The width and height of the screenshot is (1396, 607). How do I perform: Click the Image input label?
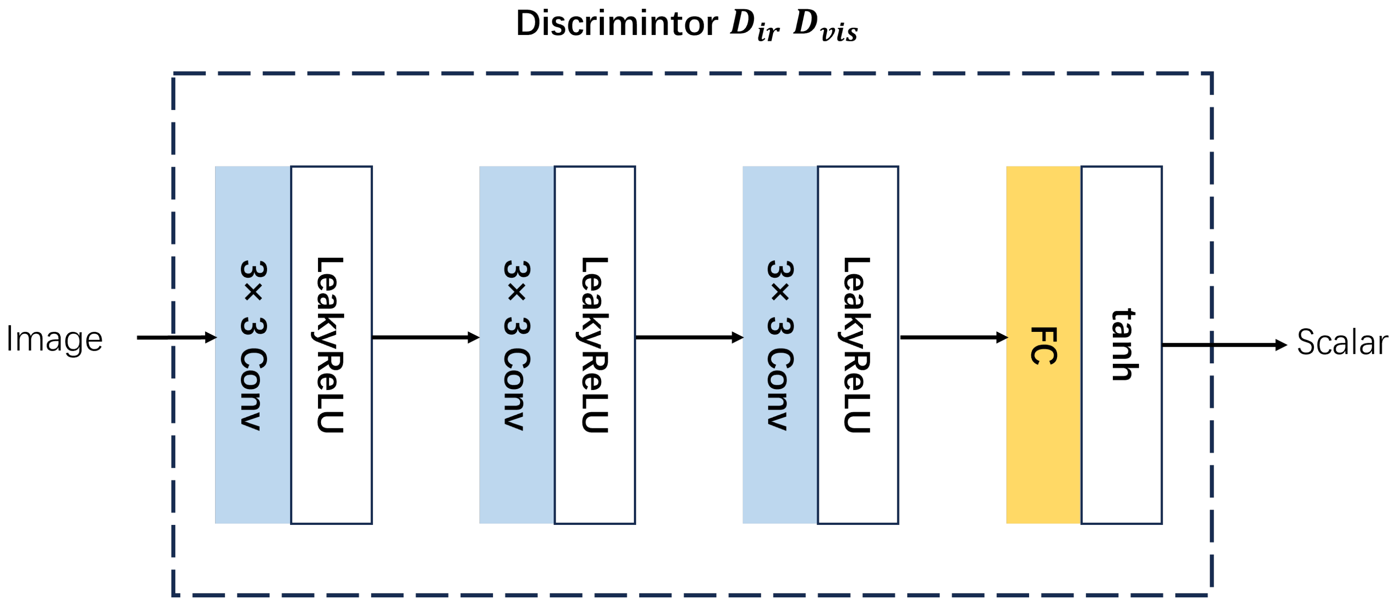(54, 339)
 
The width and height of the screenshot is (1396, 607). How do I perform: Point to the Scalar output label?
(1342, 343)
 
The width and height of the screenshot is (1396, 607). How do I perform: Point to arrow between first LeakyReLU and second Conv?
(425, 338)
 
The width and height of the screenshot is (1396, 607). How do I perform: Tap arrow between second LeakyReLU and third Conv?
(689, 338)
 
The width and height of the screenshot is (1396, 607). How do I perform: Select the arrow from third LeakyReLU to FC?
(953, 338)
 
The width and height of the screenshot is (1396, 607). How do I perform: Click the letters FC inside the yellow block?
(1043, 345)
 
